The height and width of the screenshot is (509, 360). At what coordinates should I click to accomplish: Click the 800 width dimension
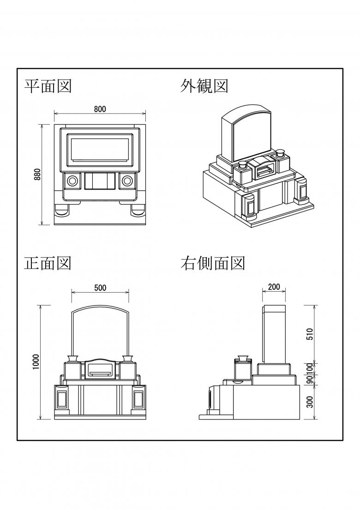[x=100, y=109]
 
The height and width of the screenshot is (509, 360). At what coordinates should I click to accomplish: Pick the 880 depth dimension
[x=38, y=174]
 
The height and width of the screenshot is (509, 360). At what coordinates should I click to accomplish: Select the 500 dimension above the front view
[x=100, y=287]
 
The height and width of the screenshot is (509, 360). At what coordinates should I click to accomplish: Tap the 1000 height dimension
[x=37, y=362]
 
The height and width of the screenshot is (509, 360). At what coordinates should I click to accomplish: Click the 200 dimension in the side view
[x=274, y=287]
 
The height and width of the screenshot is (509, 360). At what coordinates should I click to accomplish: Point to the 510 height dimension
[x=310, y=333]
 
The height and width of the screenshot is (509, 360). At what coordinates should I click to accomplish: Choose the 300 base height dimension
[x=310, y=401]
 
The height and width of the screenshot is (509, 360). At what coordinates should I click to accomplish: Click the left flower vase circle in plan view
[x=72, y=180]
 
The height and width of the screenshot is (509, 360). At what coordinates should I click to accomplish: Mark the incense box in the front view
[x=100, y=369]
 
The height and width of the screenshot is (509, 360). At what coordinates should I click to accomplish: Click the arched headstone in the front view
[x=100, y=330]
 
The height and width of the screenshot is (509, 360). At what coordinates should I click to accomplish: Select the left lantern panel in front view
[x=61, y=399]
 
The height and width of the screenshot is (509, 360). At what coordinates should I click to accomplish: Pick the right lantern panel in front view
[x=138, y=399]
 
